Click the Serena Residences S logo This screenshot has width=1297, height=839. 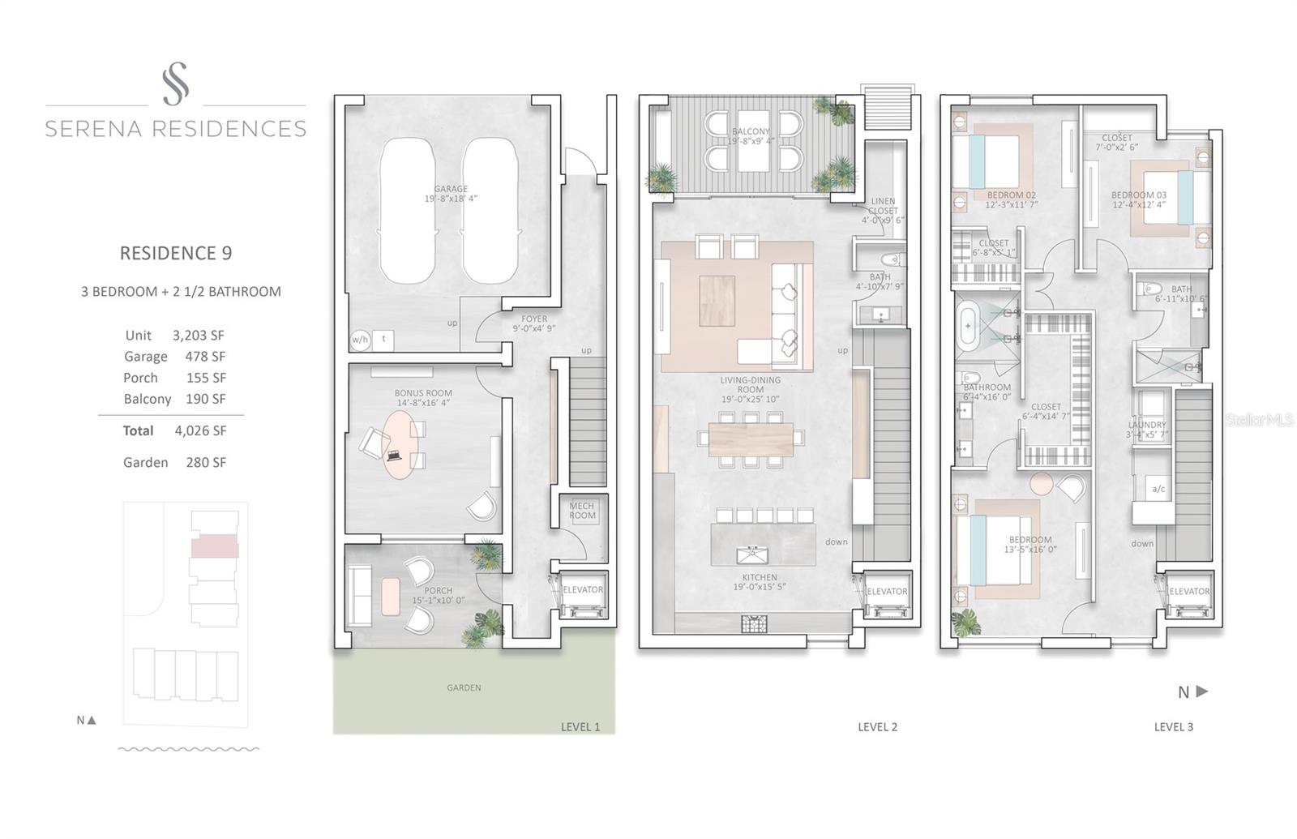[x=175, y=84]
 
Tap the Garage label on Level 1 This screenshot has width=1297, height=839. [x=451, y=189]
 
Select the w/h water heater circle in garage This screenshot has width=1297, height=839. [x=360, y=339]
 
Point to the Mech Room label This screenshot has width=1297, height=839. [x=582, y=511]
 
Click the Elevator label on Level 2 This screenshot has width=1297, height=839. [x=887, y=592]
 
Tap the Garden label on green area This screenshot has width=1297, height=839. [x=464, y=687]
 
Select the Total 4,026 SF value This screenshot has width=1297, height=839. [x=200, y=430]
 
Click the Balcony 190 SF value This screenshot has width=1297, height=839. [x=206, y=399]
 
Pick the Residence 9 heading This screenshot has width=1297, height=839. [x=176, y=253]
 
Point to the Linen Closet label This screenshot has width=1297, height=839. [x=883, y=206]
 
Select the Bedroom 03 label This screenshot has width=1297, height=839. [x=1138, y=195]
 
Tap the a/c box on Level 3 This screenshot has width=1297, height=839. [x=1158, y=489]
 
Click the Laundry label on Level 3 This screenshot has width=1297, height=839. [x=1146, y=425]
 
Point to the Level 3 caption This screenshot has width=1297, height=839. [x=1173, y=727]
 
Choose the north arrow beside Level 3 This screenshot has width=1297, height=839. [x=1201, y=691]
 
